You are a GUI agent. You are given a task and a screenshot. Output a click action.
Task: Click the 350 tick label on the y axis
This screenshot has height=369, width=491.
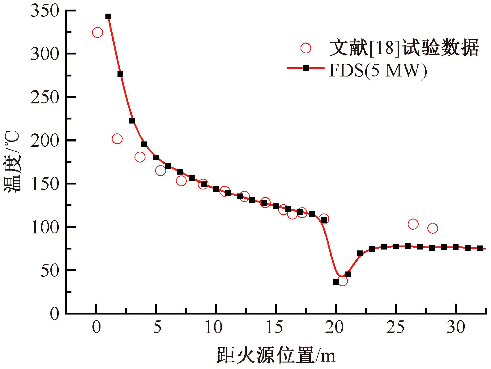45,11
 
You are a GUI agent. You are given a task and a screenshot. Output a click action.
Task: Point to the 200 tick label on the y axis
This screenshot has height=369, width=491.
45,141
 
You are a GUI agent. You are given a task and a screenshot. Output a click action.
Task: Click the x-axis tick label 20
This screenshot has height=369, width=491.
334,328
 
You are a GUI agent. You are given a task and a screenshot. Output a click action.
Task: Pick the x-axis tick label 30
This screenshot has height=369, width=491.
456,328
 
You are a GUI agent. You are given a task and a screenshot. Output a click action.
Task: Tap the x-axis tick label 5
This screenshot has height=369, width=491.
157,328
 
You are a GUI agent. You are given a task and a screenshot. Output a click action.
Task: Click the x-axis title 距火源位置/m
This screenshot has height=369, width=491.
276,355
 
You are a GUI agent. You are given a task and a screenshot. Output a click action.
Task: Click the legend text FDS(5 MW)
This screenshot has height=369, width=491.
378,71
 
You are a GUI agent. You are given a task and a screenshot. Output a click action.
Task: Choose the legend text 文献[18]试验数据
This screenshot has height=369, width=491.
404,48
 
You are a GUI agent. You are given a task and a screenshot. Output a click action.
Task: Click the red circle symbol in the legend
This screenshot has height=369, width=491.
306,48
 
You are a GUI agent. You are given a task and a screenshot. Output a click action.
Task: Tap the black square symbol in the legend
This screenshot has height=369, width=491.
306,68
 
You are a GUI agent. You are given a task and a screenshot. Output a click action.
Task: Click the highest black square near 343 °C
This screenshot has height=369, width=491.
108,16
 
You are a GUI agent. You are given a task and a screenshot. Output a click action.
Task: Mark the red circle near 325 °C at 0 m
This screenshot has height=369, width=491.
97,33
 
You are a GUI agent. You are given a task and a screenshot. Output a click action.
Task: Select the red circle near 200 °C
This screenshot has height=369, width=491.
117,139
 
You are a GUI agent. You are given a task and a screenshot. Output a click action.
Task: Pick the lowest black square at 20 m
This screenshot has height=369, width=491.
336,282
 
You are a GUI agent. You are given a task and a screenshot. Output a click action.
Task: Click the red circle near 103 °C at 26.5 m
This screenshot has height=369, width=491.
413,224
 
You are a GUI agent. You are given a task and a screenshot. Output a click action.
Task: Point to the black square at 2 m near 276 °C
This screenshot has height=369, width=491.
120,74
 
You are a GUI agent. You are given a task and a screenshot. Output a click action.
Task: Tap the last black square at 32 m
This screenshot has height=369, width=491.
480,248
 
